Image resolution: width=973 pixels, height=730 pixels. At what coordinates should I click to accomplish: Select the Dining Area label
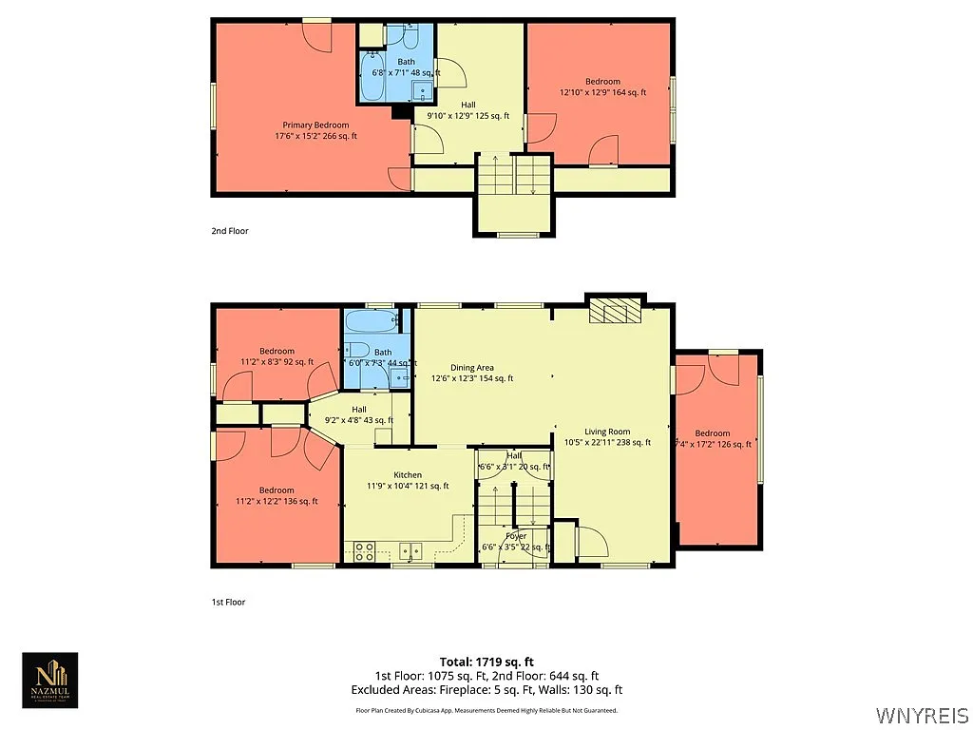coord(472,367)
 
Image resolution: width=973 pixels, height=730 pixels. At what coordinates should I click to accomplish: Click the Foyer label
coord(516,536)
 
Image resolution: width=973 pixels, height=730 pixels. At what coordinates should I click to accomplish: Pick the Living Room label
coord(607,432)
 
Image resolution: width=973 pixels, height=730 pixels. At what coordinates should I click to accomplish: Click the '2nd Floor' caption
coord(230,231)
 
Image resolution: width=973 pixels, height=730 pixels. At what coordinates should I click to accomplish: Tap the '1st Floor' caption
coord(229,602)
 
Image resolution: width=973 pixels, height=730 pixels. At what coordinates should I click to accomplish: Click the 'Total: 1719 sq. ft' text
coord(486,662)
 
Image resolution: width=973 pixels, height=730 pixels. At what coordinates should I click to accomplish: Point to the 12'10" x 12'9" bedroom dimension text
coord(602,93)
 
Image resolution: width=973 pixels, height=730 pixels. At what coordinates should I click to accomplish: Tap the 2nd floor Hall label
coord(468,105)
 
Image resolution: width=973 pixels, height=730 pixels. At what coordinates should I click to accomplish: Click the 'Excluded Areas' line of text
coord(486,690)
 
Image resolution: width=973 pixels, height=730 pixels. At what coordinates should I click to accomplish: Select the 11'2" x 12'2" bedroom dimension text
coord(277,502)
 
